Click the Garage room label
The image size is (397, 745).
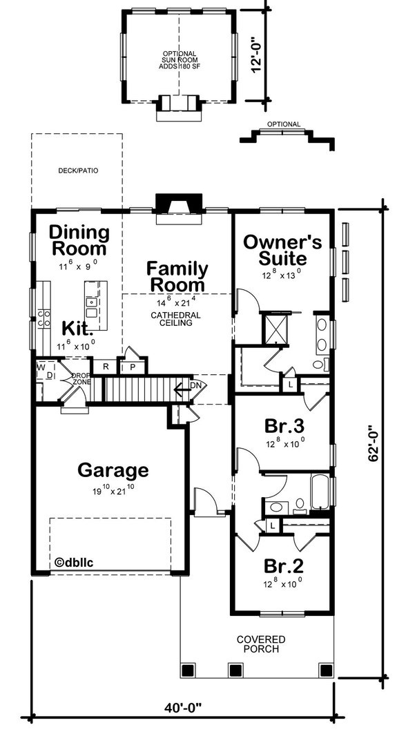[x=113, y=471]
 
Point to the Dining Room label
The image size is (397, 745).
[x=79, y=240]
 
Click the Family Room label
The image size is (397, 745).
[x=177, y=276]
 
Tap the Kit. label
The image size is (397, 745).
[x=78, y=327]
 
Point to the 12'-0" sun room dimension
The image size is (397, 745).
[x=257, y=55]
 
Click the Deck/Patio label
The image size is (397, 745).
[x=77, y=169]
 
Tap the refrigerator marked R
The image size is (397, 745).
[x=106, y=367]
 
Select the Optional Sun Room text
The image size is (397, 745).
[x=180, y=58]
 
